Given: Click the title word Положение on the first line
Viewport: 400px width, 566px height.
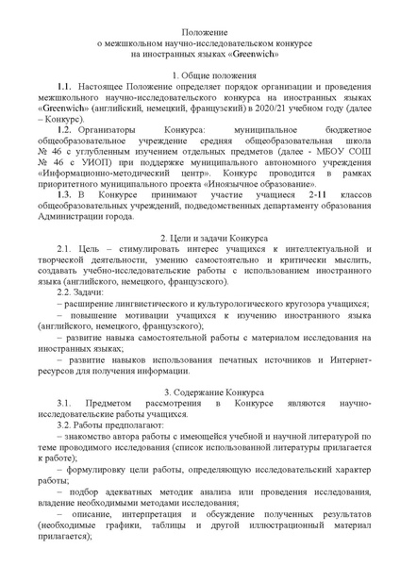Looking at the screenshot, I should click(x=199, y=31).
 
